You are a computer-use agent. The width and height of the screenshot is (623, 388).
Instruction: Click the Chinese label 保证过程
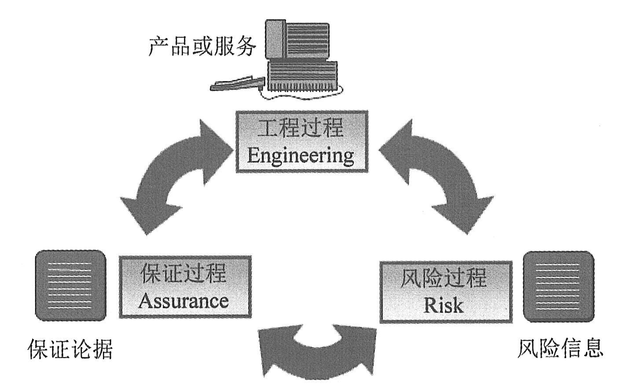click(x=184, y=274)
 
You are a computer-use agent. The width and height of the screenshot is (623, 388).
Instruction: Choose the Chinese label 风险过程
click(x=444, y=279)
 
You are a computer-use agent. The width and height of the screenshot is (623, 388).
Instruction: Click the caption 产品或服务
click(x=202, y=47)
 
